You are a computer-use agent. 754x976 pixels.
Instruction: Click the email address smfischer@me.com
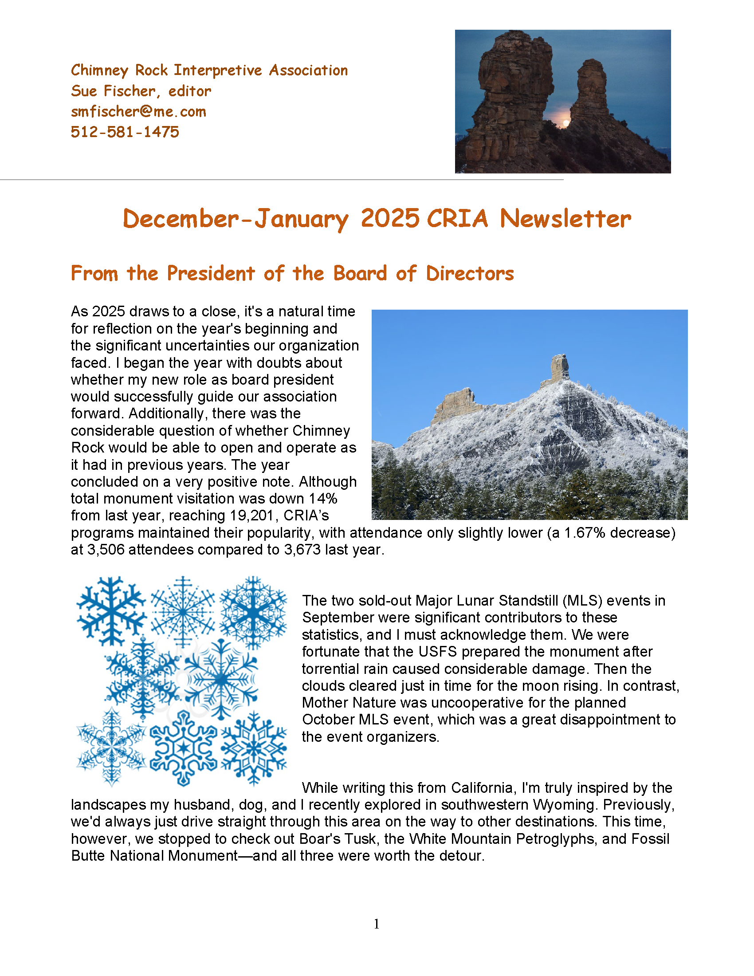[138, 112]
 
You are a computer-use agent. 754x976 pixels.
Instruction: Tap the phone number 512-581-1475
[125, 132]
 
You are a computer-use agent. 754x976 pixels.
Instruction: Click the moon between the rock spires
[566, 122]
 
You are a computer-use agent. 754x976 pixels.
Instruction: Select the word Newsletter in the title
[565, 219]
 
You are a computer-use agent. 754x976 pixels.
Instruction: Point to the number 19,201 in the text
[251, 516]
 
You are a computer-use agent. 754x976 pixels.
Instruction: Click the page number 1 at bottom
[377, 924]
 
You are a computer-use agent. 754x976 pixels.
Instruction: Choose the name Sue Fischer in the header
[113, 91]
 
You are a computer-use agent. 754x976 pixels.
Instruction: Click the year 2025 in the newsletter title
[390, 219]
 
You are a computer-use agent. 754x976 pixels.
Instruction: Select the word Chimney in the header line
[100, 71]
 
